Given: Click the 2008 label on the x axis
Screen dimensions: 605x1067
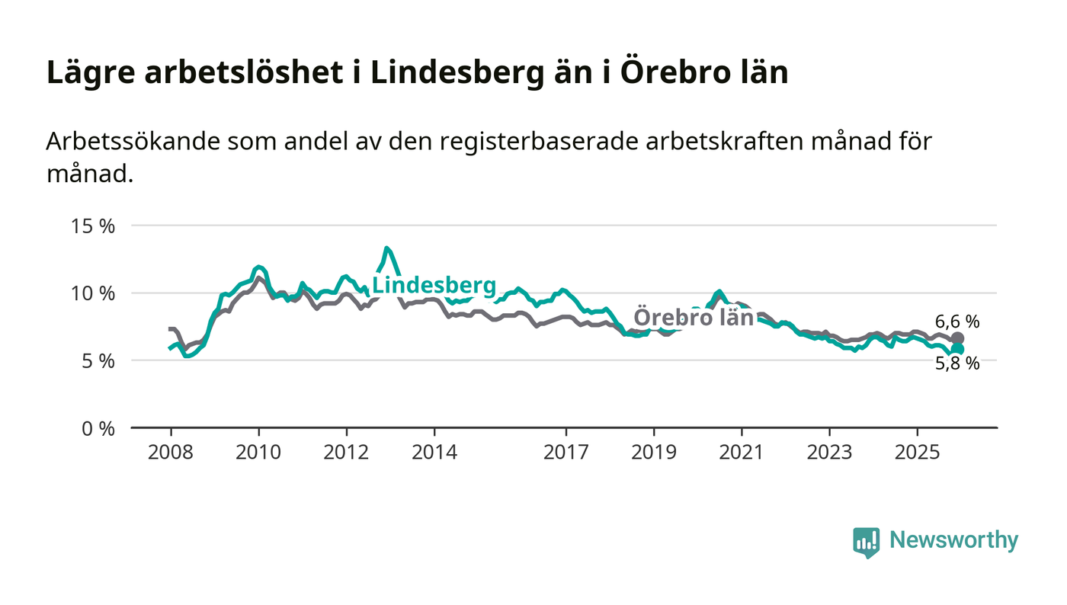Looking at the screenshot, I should (171, 451).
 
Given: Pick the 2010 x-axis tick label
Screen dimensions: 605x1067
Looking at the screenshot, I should (258, 451).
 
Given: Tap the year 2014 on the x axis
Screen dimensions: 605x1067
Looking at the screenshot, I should (434, 451).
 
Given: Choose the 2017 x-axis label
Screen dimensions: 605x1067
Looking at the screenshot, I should (566, 451).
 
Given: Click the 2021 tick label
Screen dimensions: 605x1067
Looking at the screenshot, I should (742, 451).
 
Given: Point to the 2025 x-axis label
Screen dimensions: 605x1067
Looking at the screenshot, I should (918, 451).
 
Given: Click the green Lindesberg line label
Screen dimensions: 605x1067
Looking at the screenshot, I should (434, 286).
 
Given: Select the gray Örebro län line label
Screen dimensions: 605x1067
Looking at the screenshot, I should (694, 317).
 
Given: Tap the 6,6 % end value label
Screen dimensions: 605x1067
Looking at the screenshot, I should (957, 322).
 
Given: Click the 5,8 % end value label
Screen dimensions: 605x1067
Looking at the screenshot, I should (957, 363).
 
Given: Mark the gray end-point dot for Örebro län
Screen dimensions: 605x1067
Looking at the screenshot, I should (957, 338).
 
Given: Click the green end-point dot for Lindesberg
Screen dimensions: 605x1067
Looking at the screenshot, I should (957, 349).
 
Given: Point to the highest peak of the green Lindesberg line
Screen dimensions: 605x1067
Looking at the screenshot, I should (386, 248).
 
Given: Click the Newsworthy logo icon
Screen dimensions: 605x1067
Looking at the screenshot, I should (866, 542).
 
